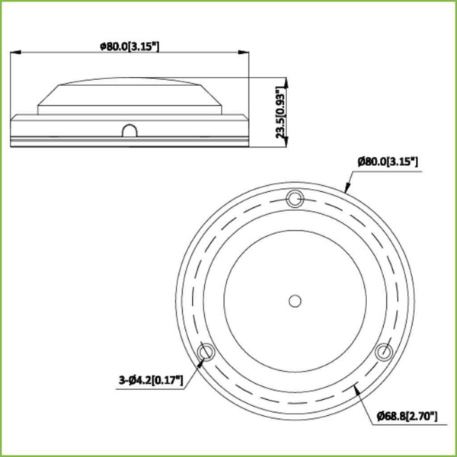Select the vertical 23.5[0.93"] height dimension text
point(283,110)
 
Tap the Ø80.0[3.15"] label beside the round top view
point(388,161)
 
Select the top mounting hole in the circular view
point(295,200)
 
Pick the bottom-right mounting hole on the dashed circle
point(384,351)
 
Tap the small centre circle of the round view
point(295,300)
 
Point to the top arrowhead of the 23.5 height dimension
point(286,79)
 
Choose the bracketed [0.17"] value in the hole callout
point(167,379)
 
